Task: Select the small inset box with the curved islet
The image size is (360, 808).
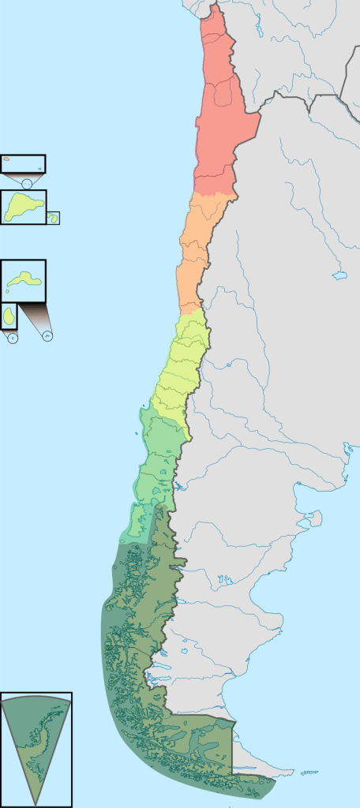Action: pos(53,218)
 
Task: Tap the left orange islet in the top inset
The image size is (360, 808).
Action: pos(6,159)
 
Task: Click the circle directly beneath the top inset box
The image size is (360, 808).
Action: pos(27,184)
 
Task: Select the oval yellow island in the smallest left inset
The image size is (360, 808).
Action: pos(9,316)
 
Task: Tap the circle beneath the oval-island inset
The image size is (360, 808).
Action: pos(12,337)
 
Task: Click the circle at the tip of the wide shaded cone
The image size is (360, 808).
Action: pos(47,336)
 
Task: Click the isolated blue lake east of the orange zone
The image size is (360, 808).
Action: pos(340,276)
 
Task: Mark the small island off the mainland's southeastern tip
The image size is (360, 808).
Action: pos(309,772)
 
